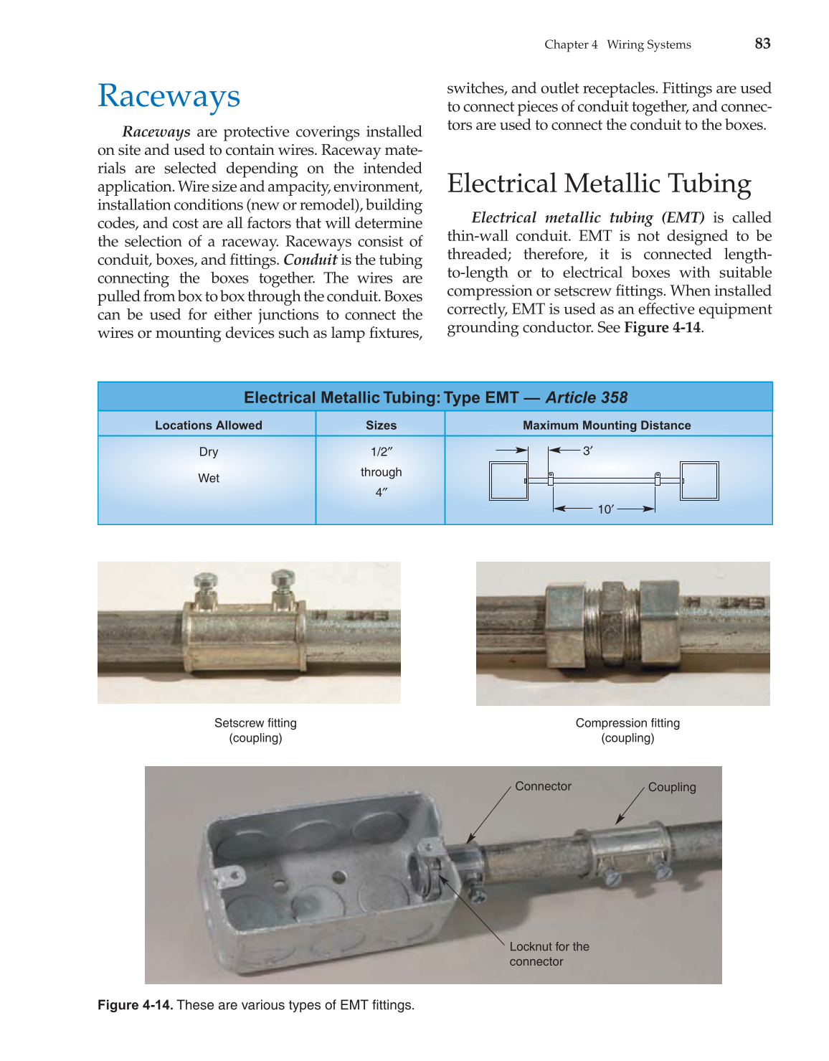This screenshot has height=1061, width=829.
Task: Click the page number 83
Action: (x=762, y=44)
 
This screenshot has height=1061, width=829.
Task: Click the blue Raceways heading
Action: (x=169, y=96)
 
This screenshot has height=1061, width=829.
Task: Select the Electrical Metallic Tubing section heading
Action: (x=599, y=184)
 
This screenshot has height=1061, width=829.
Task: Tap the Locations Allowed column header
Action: (x=208, y=425)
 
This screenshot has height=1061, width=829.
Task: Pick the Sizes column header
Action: (x=381, y=425)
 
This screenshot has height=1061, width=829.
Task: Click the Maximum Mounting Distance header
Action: (x=607, y=425)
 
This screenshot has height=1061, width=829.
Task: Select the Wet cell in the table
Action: (x=209, y=478)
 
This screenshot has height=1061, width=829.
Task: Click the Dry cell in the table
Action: (x=209, y=451)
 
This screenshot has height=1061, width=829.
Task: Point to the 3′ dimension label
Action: (x=587, y=451)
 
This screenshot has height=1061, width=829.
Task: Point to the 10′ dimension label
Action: (x=605, y=509)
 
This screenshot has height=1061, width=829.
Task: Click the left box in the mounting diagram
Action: (x=508, y=481)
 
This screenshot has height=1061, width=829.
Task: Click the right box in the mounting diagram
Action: (x=699, y=481)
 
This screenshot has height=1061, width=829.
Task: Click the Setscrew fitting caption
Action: (x=255, y=730)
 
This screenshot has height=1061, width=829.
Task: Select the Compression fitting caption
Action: (x=627, y=730)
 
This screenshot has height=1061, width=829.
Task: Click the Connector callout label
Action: (x=543, y=786)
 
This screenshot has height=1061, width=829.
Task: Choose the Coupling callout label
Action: (x=672, y=787)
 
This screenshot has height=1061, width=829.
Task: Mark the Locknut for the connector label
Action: (x=549, y=954)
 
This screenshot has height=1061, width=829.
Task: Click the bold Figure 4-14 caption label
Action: (x=136, y=1005)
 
